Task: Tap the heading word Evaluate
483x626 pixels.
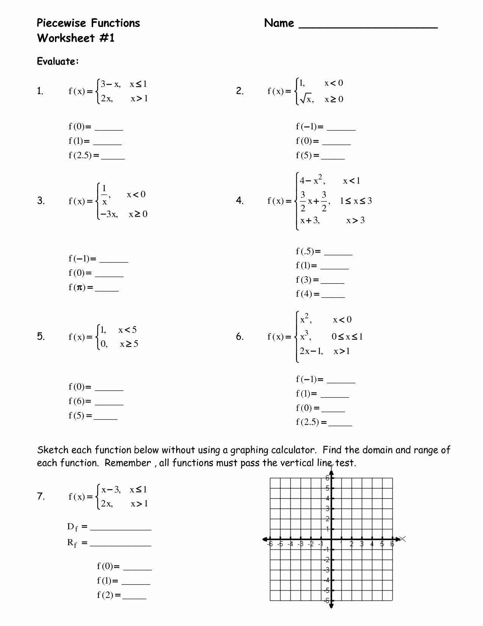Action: pos(58,61)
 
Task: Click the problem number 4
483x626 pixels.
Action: pos(239,201)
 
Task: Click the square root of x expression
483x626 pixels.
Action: pos(306,99)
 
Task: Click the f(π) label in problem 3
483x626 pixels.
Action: pos(81,287)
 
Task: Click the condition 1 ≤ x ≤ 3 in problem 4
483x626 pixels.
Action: pos(356,201)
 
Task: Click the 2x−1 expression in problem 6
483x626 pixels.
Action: pos(311,351)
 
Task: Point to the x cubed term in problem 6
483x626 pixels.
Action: pos(305,336)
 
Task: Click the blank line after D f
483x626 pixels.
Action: pos(120,529)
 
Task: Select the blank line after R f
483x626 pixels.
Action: pos(120,545)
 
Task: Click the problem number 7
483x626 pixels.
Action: pos(41,496)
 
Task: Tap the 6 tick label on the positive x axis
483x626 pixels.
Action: pos(392,544)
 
